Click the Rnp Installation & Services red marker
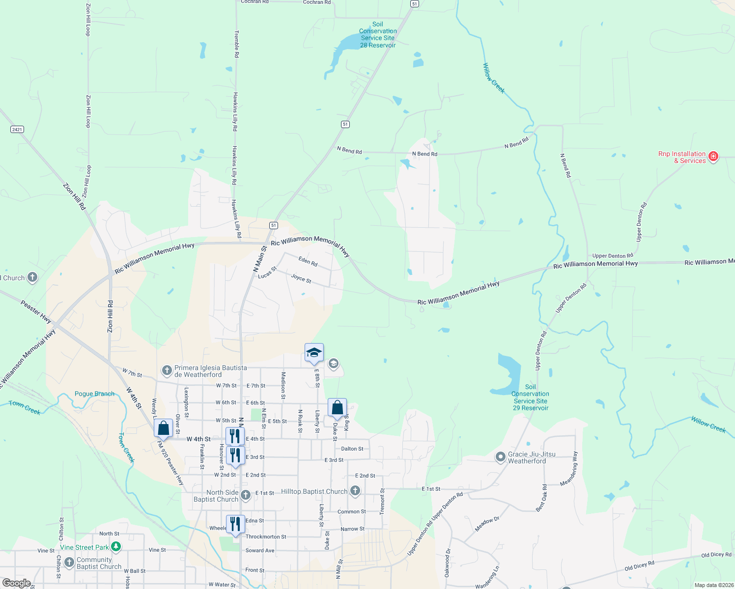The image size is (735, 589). (x=713, y=157)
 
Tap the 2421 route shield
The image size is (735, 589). (x=17, y=130)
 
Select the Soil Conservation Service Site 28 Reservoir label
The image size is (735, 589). (x=377, y=35)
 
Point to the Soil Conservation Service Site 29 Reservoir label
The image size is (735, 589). (x=531, y=398)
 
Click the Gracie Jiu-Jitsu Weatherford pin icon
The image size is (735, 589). (x=500, y=457)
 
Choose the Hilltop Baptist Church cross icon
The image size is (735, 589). (x=355, y=491)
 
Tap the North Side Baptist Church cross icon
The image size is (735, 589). (x=246, y=495)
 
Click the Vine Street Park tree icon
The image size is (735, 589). (x=116, y=546)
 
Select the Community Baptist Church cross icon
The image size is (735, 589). (x=69, y=562)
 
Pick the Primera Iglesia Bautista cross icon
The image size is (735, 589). (x=167, y=371)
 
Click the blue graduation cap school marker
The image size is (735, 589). (x=314, y=353)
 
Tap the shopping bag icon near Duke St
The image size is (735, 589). (x=337, y=408)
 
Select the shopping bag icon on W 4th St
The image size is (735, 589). (x=163, y=428)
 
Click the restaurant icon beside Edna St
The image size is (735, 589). (x=235, y=524)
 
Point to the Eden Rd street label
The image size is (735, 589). (x=308, y=261)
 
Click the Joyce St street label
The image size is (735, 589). (x=301, y=279)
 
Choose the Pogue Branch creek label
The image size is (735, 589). (x=94, y=394)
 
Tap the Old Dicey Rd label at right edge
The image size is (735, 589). (x=716, y=555)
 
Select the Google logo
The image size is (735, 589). (x=16, y=583)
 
